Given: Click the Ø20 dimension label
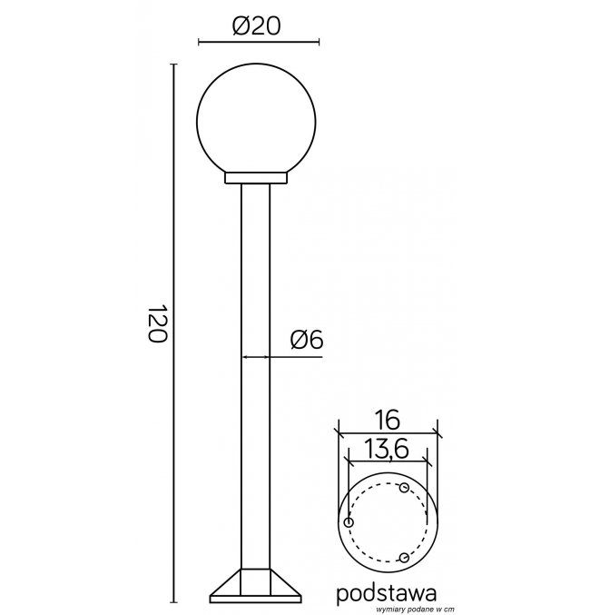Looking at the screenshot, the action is coord(257,26).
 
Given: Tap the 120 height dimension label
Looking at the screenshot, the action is coord(158,322).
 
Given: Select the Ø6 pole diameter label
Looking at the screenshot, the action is coord(307,339).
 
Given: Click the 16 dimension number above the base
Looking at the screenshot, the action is coord(387,420).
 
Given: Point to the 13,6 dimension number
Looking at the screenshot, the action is coord(387,449).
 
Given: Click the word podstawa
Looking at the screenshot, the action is coord(387,593).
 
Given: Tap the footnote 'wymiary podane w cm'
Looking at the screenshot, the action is coord(416,610).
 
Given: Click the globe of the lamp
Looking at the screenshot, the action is coord(256,118).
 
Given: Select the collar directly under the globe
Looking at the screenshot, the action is coord(256,178).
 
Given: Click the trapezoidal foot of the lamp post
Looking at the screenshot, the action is coord(256,586).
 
